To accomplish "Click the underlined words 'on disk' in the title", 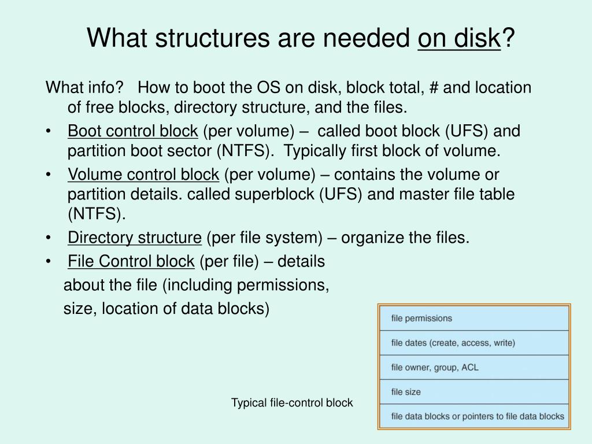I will tap(458, 39).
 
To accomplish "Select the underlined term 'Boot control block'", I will tap(132, 131).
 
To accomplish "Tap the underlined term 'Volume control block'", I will tap(143, 175).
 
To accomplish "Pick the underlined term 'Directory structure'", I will tap(134, 238).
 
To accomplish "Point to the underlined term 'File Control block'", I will tap(131, 261).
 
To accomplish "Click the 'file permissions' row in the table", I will tap(473, 318).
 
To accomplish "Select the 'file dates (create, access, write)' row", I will tap(473, 343).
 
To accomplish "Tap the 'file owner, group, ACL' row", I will tap(473, 367).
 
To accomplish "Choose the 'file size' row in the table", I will tap(473, 391).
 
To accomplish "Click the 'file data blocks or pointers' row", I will tap(473, 416).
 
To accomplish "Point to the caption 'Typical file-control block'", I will tap(292, 403).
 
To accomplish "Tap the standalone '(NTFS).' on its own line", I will tap(97, 214).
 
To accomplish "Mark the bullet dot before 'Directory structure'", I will tap(51, 238).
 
